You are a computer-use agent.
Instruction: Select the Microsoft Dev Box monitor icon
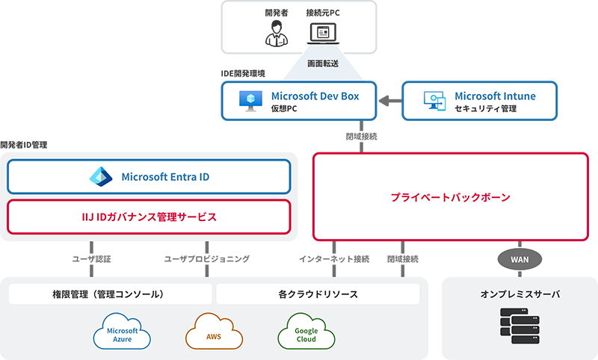coord(249,101)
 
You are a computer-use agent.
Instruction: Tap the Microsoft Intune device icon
coord(434,101)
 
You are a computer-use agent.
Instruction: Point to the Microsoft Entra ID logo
coord(99,177)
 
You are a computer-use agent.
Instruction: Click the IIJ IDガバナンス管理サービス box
coord(149,217)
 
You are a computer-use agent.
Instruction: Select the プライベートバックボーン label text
coord(450,198)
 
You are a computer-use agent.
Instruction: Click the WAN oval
coord(519,259)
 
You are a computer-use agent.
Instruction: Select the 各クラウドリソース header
coord(318,294)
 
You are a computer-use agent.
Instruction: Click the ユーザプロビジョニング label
coord(206,259)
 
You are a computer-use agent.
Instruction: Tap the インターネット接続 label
coord(334,259)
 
